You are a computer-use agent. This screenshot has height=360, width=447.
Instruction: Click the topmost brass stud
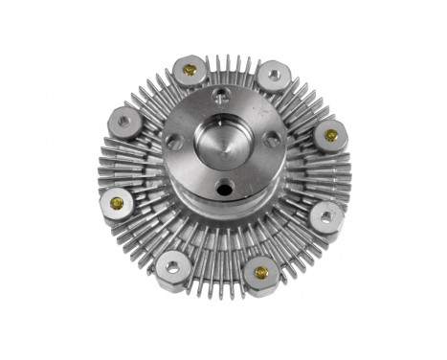tap(190, 70)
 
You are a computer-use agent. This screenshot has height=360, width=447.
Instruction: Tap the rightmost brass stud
tap(331, 135)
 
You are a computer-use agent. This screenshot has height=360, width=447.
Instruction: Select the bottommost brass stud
tap(261, 273)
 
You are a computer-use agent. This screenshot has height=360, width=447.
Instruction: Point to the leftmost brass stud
tap(117, 203)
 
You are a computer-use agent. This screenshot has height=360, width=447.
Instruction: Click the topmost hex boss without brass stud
tap(274, 73)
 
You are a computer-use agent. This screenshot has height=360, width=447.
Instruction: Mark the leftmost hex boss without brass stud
tap(123, 122)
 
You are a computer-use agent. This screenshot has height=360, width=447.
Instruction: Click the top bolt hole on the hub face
tap(222, 95)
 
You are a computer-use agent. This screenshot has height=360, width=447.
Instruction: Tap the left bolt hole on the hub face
tap(175, 140)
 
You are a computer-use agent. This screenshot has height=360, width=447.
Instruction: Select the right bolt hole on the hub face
tap(272, 139)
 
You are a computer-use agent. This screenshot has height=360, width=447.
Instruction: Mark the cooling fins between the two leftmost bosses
tap(112, 163)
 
